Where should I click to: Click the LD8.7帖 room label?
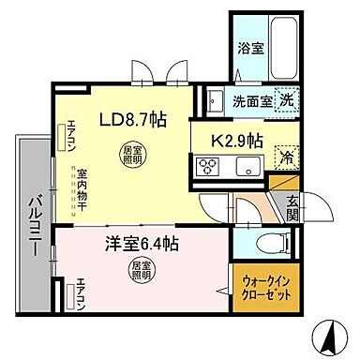click(135, 119)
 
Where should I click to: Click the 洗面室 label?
click(251, 100)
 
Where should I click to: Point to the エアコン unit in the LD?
click(65, 139)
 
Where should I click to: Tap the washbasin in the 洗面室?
click(212, 99)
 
